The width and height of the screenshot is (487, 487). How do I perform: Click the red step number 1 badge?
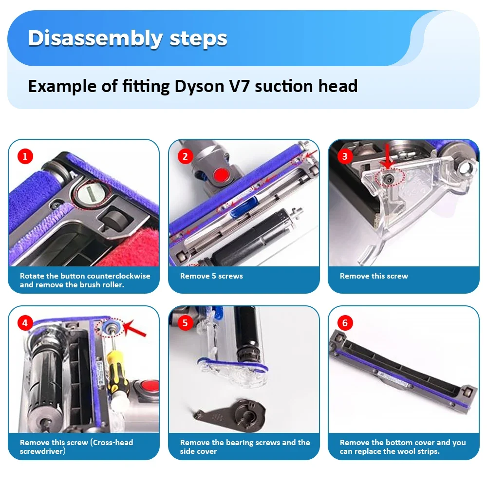[x=25, y=156]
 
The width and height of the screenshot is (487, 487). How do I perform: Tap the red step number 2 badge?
[x=185, y=156]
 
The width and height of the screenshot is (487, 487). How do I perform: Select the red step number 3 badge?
[x=345, y=156]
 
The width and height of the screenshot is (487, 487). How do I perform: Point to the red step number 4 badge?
[x=25, y=322]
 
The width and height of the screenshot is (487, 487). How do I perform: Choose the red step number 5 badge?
[x=185, y=322]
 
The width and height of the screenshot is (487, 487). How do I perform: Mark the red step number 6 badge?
[x=345, y=322]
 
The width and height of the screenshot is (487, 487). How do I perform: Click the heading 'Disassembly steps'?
[x=128, y=38]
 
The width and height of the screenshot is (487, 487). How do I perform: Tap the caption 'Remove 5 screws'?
[x=211, y=276]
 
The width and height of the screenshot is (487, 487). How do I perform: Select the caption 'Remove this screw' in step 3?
[x=374, y=276]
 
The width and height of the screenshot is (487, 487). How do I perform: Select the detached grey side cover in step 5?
[x=229, y=409]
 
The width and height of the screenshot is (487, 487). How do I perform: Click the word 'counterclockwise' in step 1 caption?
[x=119, y=276]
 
